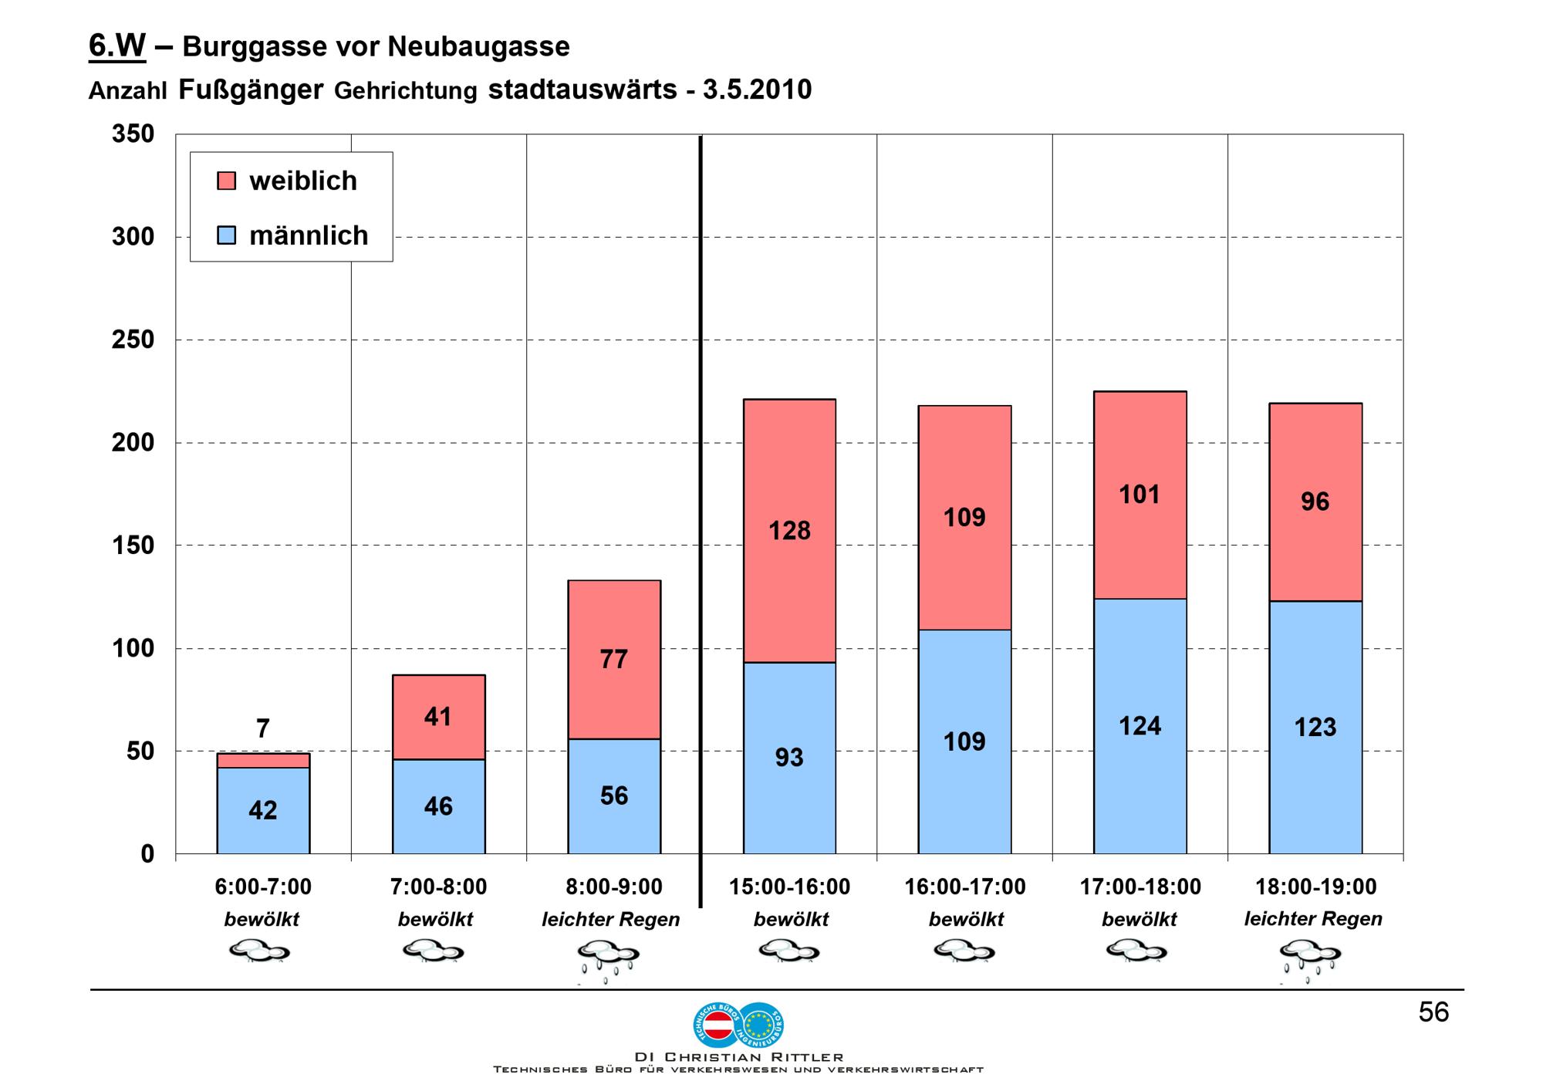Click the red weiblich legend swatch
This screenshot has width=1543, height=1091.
(227, 181)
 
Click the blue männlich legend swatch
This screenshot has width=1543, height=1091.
(227, 235)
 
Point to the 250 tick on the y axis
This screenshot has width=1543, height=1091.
(133, 339)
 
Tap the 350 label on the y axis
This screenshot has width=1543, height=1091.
(133, 134)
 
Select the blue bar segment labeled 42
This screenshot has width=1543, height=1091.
(263, 810)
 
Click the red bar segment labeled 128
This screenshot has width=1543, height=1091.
(789, 531)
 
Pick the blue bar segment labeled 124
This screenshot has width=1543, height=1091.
(1140, 726)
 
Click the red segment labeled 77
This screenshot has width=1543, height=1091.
(614, 660)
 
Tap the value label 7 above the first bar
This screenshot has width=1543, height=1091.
(263, 728)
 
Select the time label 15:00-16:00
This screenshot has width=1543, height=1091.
(789, 887)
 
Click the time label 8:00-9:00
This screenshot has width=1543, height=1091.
(614, 887)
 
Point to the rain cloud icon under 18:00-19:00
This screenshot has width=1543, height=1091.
(1310, 961)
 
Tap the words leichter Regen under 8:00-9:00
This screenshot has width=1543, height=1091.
(611, 920)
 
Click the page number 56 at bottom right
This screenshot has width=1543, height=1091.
(1433, 1012)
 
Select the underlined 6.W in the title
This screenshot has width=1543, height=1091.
(117, 46)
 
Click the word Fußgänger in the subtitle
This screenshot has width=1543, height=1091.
(251, 90)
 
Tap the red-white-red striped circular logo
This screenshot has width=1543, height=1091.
(718, 1025)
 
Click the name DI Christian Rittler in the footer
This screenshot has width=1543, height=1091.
(738, 1057)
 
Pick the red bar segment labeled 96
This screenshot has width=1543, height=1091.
(1315, 502)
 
